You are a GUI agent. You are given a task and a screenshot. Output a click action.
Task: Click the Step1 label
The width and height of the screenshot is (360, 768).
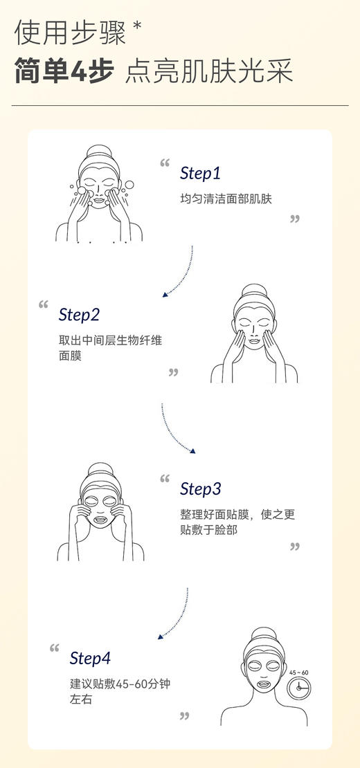[200, 173]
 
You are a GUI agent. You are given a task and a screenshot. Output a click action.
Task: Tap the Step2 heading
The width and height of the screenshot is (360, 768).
[79, 315]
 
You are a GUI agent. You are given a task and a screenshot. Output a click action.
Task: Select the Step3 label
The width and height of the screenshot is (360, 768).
[200, 488]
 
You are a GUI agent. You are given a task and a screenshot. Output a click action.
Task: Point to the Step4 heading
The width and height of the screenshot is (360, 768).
[90, 658]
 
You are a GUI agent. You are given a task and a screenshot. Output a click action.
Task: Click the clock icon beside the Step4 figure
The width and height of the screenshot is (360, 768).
[300, 687]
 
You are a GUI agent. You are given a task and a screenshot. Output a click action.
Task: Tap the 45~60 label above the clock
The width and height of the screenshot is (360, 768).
[299, 672]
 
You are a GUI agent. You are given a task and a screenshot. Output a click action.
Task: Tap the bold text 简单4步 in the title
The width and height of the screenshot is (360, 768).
[64, 71]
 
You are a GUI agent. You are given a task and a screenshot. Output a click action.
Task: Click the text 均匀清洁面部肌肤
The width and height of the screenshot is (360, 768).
[226, 199]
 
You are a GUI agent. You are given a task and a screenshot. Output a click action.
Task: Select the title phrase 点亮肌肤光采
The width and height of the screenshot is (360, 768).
[208, 71]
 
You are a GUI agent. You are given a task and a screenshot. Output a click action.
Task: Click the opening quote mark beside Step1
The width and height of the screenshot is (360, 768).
[165, 164]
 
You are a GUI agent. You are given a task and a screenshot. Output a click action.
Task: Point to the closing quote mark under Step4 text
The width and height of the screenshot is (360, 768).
[184, 715]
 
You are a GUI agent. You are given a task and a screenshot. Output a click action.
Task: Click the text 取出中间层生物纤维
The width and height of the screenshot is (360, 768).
[111, 340]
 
